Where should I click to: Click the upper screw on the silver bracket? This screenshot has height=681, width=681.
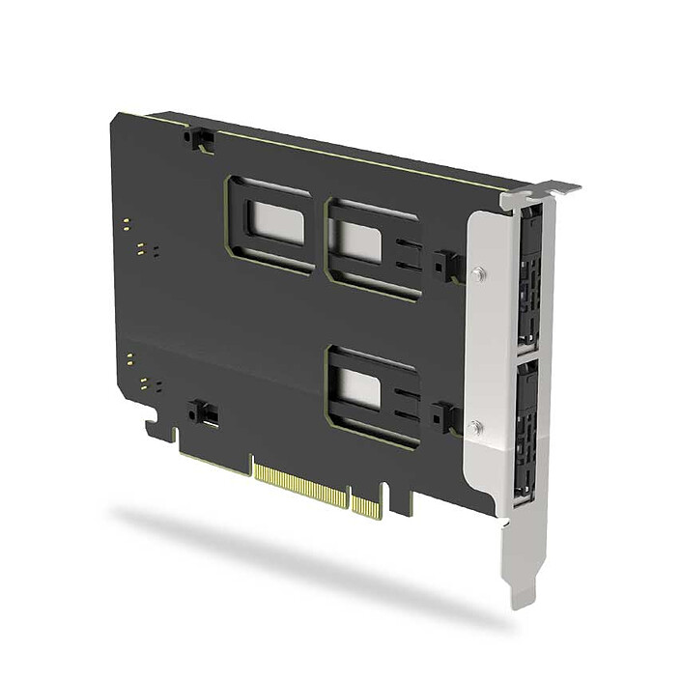pos(477,274)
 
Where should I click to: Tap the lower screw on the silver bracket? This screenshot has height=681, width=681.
pos(475,425)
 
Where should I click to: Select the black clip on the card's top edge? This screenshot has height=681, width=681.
pos(200,139)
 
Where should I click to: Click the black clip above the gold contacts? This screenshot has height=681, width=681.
pos(204,413)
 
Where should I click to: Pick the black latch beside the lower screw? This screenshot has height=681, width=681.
pos(445,417)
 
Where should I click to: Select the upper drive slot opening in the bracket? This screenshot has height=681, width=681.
pos(528,280)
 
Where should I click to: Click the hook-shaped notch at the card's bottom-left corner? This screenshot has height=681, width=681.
pos(155,425)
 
